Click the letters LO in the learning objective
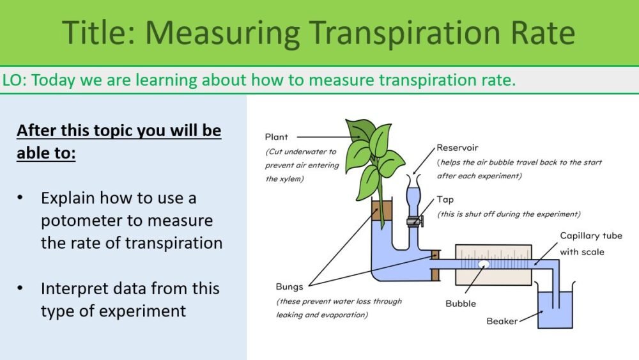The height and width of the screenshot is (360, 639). (13, 81)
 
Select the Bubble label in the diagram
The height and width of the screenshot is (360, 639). (461, 303)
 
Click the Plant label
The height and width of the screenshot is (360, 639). (277, 137)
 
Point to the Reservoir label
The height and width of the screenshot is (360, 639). (458, 148)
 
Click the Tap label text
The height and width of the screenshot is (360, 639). (445, 200)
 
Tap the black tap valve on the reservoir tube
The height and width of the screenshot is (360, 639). (413, 222)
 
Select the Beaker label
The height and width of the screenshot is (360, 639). (502, 321)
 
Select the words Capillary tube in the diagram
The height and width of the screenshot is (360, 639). (591, 236)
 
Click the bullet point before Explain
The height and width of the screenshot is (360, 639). (22, 199)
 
